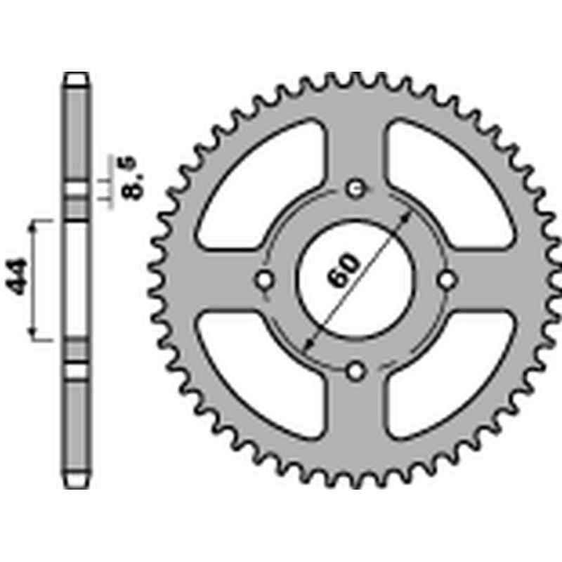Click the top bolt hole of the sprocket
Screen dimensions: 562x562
click(x=356, y=188)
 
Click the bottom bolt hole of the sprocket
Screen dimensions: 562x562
click(x=356, y=370)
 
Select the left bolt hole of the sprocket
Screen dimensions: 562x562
click(x=265, y=280)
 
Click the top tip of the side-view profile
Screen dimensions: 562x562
click(x=77, y=74)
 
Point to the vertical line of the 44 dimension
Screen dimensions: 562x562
click(x=32, y=280)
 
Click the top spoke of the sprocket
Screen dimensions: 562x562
click(x=356, y=140)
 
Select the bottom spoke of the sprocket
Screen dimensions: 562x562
click(x=356, y=421)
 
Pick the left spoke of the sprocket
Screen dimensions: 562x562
click(x=211, y=280)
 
